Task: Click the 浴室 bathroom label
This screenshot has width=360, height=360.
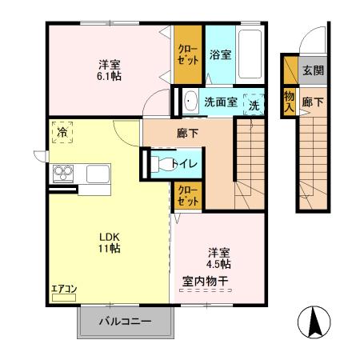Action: click(220, 55)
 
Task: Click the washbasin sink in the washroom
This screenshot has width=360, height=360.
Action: click(190, 102)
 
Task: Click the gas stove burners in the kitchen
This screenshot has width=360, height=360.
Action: click(62, 173)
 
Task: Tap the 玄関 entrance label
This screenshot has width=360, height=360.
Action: click(312, 70)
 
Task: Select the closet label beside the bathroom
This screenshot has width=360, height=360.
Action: click(190, 54)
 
